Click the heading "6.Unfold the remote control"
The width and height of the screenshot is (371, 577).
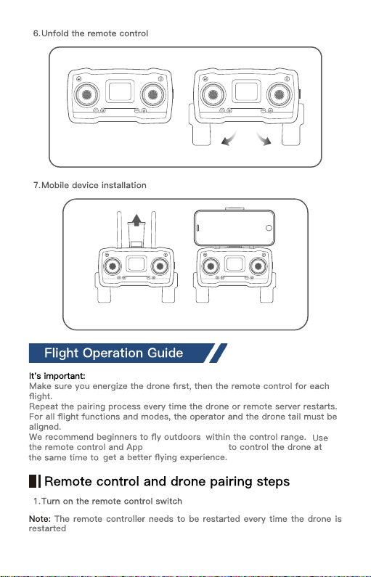click(91, 33)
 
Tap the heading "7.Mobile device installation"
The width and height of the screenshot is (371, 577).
click(90, 185)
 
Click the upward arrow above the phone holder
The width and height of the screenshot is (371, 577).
click(136, 220)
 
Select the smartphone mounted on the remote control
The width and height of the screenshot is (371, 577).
click(234, 228)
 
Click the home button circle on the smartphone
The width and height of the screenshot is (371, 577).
click(269, 228)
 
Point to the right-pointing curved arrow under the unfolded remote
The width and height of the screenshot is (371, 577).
click(264, 139)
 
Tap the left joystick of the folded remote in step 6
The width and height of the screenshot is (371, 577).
click(87, 94)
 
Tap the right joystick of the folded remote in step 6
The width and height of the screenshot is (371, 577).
click(152, 94)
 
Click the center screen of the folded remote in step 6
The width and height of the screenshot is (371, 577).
click(120, 91)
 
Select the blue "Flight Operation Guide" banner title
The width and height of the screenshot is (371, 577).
click(114, 353)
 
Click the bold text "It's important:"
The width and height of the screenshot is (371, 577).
click(57, 376)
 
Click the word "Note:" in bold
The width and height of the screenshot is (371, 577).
click(40, 519)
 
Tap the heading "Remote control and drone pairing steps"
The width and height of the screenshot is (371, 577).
click(167, 481)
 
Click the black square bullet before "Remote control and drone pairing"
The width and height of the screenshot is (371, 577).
click(33, 481)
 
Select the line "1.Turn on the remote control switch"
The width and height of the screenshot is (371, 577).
click(107, 502)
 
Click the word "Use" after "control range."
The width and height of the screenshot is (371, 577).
click(320, 438)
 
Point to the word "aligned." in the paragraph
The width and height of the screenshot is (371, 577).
click(45, 427)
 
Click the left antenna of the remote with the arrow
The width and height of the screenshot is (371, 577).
click(119, 229)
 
